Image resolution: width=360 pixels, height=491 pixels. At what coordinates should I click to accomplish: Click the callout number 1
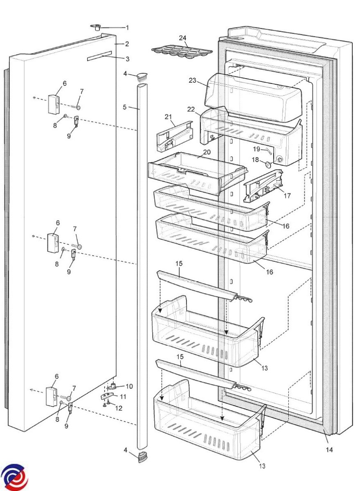click(x=127, y=28)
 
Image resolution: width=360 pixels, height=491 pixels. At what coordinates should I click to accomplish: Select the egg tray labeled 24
click(x=182, y=53)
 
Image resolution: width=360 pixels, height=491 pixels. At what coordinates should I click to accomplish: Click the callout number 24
click(x=182, y=38)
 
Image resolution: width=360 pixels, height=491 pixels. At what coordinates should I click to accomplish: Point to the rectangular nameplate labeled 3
click(x=99, y=56)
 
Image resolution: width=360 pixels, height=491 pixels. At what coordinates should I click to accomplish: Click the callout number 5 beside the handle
click(x=124, y=107)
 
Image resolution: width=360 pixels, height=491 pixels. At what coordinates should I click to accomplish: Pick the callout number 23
click(x=192, y=81)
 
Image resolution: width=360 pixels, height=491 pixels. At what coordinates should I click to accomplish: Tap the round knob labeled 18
click(x=268, y=164)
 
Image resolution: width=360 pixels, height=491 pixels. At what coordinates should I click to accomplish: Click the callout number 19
click(x=256, y=149)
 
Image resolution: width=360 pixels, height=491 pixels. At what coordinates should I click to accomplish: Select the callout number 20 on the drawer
click(x=207, y=152)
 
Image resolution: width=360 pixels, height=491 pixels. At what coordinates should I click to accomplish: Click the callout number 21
click(x=168, y=117)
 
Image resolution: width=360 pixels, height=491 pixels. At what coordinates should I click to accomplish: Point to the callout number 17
click(x=287, y=195)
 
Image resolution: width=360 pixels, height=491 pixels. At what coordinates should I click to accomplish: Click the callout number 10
click(x=129, y=386)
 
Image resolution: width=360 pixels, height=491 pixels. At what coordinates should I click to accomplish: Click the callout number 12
click(x=119, y=408)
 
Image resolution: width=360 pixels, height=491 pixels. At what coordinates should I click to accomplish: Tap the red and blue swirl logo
click(x=14, y=474)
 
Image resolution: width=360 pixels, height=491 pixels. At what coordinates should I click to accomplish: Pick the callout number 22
click(x=191, y=109)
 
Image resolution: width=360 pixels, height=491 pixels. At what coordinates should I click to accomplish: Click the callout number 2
click(x=127, y=44)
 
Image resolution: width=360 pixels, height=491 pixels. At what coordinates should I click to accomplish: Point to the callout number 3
click(x=127, y=59)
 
